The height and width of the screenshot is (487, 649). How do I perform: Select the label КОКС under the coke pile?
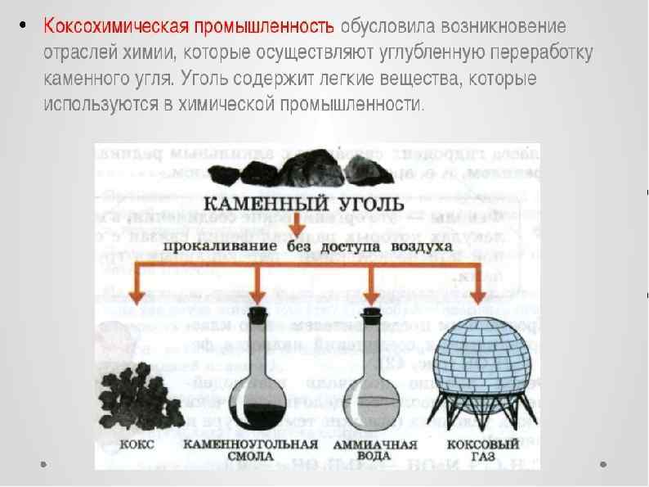coord(128,445)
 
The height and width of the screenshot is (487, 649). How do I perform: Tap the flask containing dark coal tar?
coord(256,377)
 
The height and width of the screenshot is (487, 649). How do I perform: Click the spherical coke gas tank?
coord(482,360)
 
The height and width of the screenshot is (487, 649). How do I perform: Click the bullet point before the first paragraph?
coord(24,24)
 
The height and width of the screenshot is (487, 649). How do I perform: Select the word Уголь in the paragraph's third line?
coord(200,79)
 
